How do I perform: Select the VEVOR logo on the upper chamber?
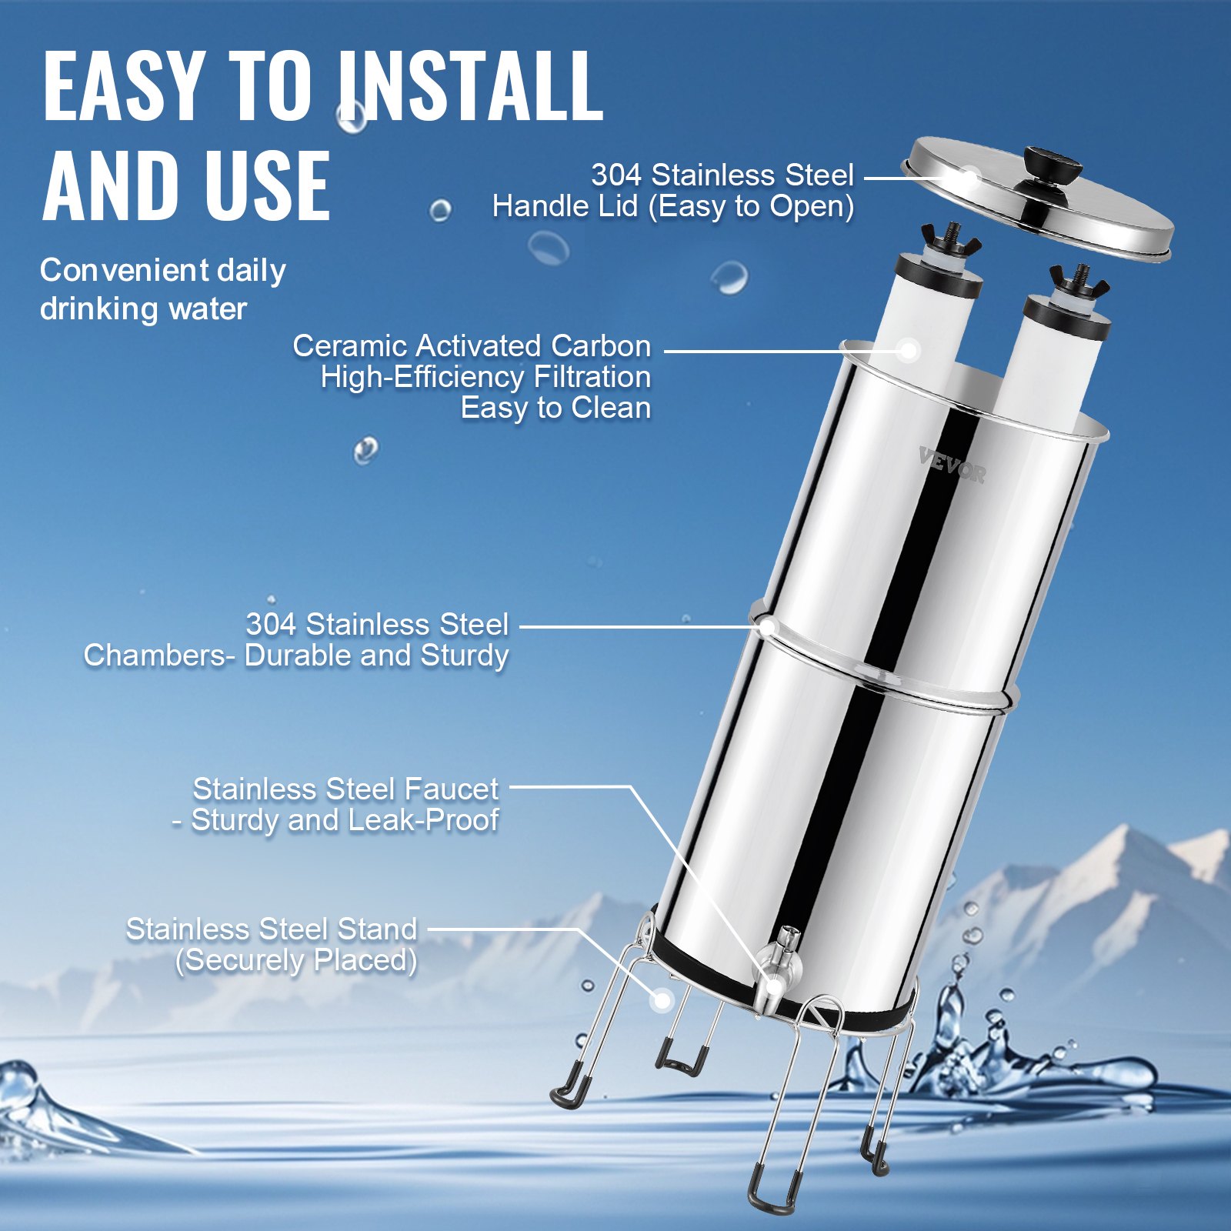(x=952, y=465)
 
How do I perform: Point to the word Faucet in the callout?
(x=451, y=789)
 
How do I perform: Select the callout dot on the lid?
(x=971, y=178)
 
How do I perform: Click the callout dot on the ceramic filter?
(x=909, y=351)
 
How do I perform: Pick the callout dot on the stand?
(x=661, y=1000)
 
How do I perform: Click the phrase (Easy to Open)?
(x=751, y=206)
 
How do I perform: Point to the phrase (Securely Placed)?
(x=296, y=960)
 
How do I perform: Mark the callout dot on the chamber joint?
(x=767, y=627)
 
